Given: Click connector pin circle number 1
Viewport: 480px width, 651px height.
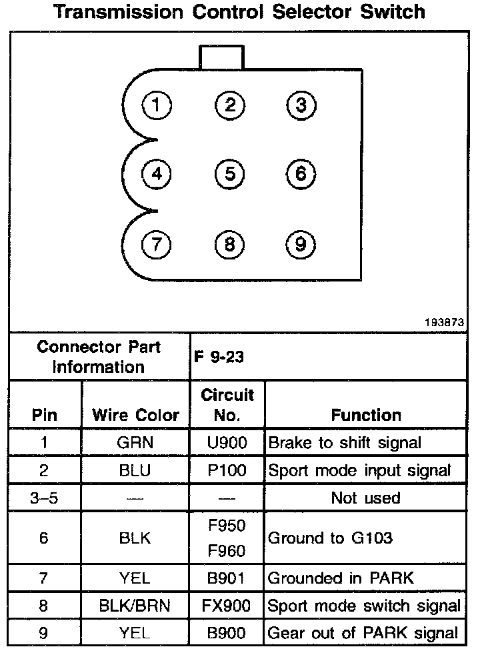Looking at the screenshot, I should [157, 105].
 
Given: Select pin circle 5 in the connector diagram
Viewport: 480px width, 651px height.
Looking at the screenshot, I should [229, 174].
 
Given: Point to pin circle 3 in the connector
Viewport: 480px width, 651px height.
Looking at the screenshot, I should [301, 105].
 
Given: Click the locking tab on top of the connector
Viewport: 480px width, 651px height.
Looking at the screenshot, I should [221, 57].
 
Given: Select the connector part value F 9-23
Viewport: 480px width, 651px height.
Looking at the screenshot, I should [219, 357].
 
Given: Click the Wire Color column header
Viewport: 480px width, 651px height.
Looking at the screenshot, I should [135, 415].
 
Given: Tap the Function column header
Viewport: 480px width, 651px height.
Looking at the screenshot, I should [366, 415].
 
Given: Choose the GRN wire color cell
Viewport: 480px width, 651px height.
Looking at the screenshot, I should [135, 442].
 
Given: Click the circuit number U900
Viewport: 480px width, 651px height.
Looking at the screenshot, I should [227, 442].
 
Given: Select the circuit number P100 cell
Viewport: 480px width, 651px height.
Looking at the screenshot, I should [227, 470].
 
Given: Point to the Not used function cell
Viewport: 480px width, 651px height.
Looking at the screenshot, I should [366, 498].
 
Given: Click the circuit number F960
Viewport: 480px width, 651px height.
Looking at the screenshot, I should [227, 551].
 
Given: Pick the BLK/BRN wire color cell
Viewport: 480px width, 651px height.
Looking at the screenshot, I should [135, 606].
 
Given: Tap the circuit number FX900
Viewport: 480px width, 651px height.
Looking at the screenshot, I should [227, 606].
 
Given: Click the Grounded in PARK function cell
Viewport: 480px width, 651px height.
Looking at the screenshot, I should [341, 578].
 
